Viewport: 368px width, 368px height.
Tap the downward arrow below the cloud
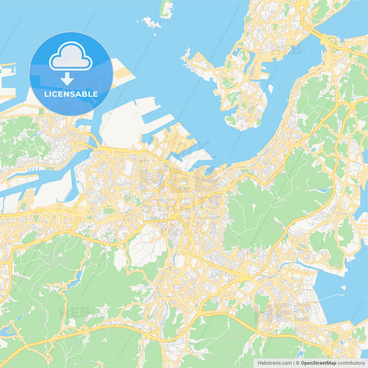71,77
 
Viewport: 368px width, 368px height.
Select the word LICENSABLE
71,94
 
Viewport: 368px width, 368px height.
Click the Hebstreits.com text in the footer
273,361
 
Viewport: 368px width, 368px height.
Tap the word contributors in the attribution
352,361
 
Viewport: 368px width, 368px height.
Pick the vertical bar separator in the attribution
293,361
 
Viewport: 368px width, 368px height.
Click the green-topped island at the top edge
166,8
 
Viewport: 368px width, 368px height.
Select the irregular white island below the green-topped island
151,23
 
